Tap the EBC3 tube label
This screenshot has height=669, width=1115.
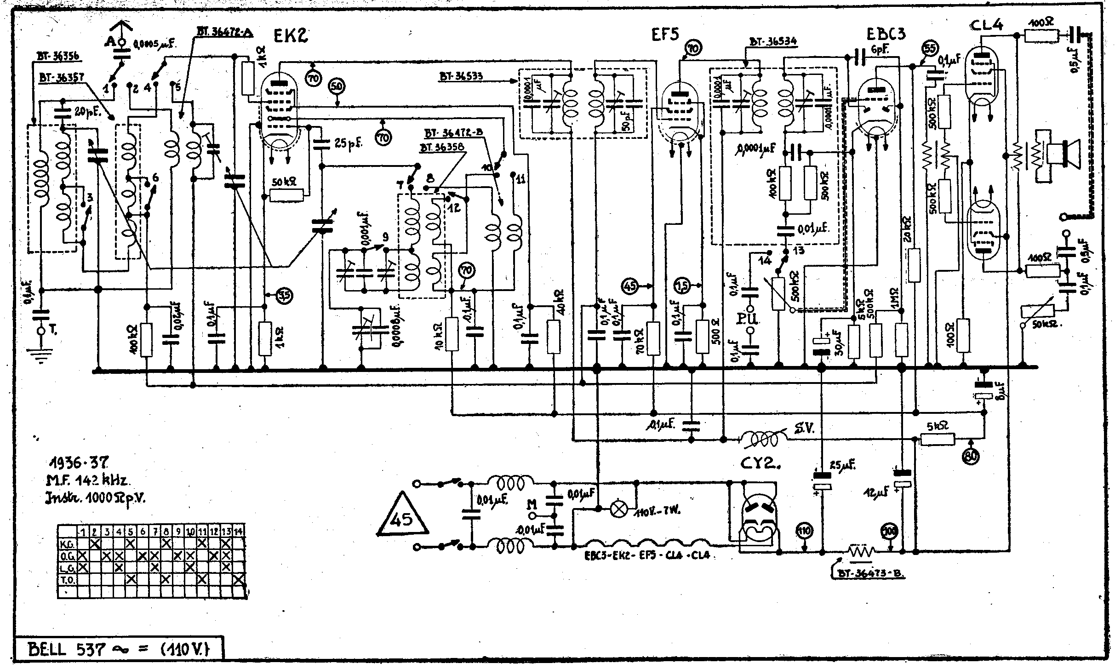click(886, 34)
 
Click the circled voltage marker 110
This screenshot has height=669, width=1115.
click(804, 531)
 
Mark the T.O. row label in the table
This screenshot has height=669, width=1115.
click(65, 579)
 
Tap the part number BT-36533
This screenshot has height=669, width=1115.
click(461, 77)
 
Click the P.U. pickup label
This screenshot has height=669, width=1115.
click(750, 319)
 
